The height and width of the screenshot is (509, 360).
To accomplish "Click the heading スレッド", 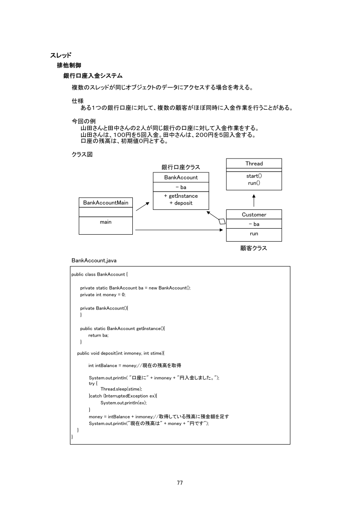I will click(61, 55).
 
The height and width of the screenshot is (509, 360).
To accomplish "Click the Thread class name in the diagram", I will click(254, 164).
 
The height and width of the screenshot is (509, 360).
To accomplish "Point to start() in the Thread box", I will click(254, 176).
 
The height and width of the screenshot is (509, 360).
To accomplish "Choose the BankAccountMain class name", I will click(106, 203).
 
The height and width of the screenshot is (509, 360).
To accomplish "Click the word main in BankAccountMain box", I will click(106, 222).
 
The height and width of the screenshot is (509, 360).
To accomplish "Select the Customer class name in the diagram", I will click(254, 215).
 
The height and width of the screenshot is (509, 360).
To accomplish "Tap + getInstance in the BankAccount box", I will click(181, 196).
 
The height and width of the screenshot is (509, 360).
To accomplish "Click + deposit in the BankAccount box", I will click(181, 203).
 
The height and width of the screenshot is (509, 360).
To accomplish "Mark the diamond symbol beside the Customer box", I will click(222, 222).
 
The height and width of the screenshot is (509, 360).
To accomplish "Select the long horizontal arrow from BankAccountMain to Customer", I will click(178, 230).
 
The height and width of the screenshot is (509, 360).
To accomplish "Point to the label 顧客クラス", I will click(254, 248).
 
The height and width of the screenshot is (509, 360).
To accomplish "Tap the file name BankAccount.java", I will click(94, 260).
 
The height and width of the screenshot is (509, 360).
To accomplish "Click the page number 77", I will click(180, 483).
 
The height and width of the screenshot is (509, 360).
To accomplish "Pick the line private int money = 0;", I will click(103, 295).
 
